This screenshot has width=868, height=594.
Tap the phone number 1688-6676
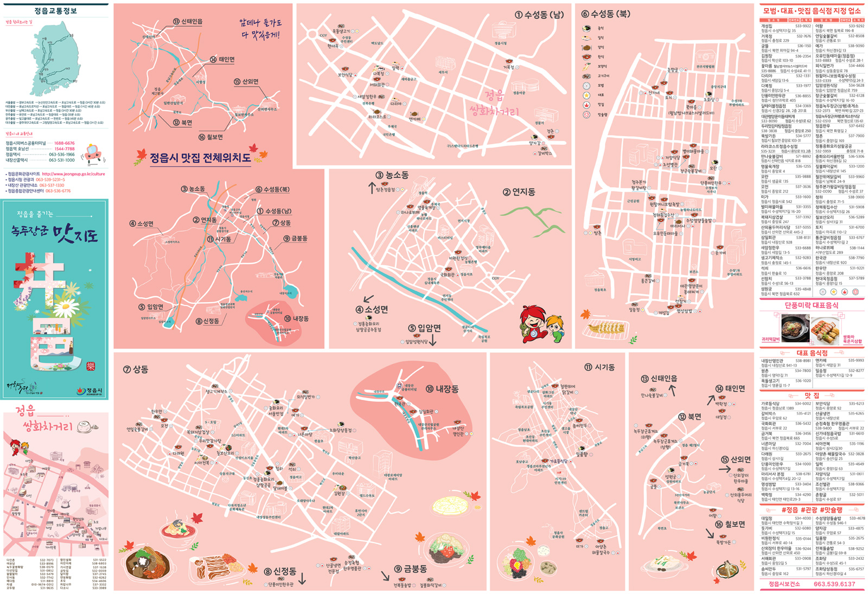pyautogui.click(x=65, y=143)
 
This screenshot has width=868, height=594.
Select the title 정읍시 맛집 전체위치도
pyautogui.click(x=200, y=158)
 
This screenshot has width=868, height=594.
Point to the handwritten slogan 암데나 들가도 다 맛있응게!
pyautogui.click(x=260, y=29)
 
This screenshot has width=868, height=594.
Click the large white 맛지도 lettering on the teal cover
pyautogui.click(x=76, y=234)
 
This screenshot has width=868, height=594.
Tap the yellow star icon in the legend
pyautogui.click(x=586, y=95)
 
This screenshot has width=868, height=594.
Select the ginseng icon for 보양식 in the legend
pyautogui.click(x=586, y=67)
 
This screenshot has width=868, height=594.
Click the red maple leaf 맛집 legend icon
pyautogui.click(x=586, y=105)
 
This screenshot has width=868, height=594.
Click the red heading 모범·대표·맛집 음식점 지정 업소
pyautogui.click(x=812, y=11)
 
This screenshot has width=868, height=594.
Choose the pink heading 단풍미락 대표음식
pyautogui.click(x=812, y=305)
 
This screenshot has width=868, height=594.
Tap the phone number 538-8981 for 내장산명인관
pyautogui.click(x=803, y=361)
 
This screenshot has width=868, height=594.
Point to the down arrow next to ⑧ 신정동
pyautogui.click(x=302, y=578)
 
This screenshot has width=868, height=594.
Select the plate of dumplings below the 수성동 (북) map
pyautogui.click(x=607, y=328)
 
